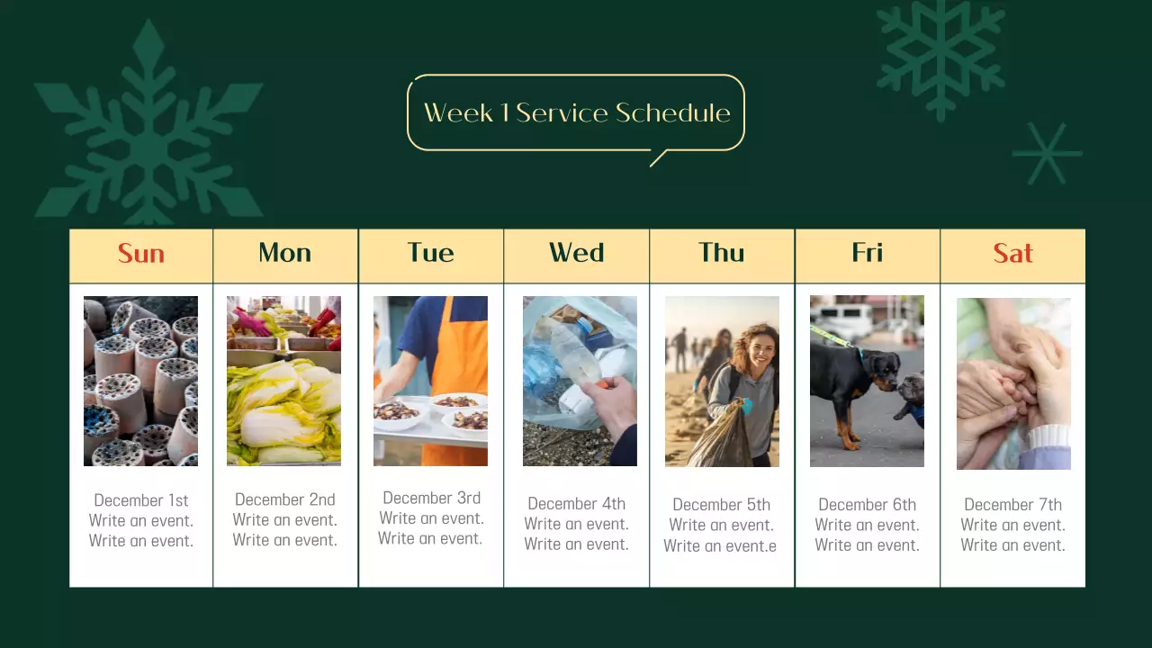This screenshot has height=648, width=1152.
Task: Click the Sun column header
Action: (x=141, y=254)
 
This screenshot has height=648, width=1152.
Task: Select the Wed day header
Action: (x=576, y=254)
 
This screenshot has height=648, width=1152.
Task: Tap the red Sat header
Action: (x=1012, y=254)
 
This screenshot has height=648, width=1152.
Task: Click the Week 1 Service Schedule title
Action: (x=576, y=112)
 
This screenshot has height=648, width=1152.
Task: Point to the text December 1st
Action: (x=141, y=500)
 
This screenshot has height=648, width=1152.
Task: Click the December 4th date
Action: (x=576, y=504)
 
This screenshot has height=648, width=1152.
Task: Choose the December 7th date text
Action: (x=1012, y=505)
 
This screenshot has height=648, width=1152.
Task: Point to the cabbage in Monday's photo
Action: (x=283, y=409)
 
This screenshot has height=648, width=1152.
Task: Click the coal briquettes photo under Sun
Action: (x=140, y=381)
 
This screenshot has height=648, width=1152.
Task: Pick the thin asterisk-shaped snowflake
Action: (x=1047, y=154)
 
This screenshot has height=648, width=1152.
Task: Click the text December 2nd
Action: (x=284, y=499)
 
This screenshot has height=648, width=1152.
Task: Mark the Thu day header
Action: (x=722, y=254)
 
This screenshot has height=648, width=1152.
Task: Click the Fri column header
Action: (x=867, y=254)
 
